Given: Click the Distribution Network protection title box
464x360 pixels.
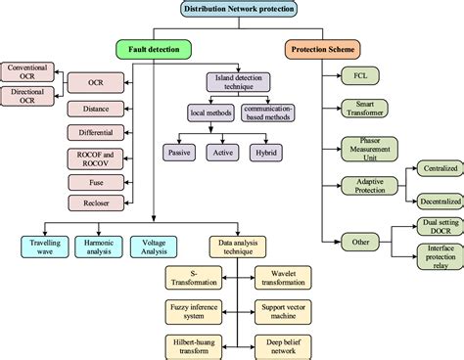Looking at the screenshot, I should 239,9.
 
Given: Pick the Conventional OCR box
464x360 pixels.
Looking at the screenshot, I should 27,71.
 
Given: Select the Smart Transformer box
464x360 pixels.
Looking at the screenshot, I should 364,105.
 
